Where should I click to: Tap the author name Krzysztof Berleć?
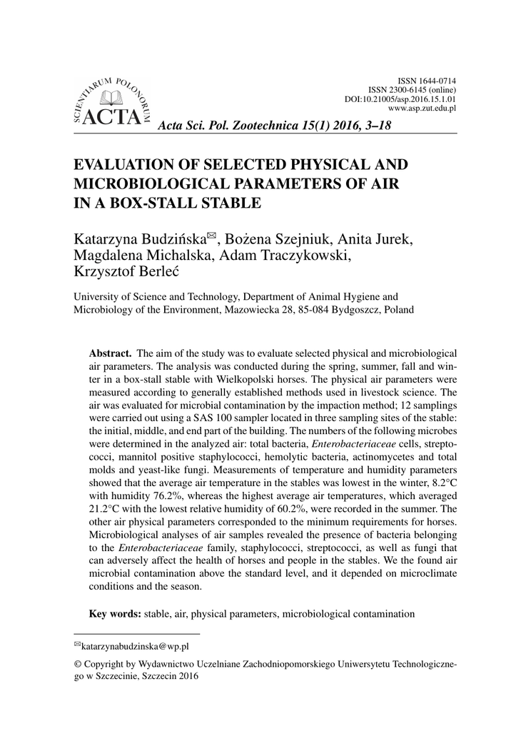[x=126, y=273]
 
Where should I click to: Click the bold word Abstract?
[x=110, y=353]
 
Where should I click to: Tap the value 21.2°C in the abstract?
[x=106, y=508]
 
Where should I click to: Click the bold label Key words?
[x=115, y=613]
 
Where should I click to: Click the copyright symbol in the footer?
[x=78, y=664]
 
